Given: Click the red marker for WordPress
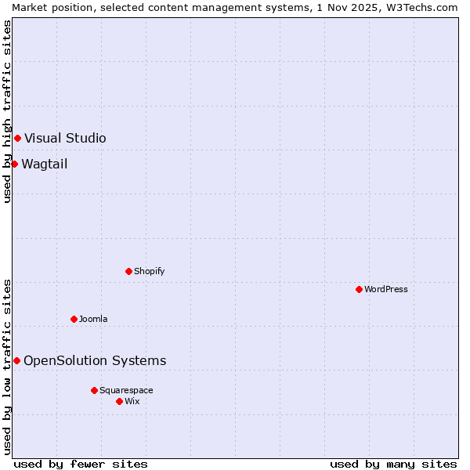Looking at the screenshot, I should (359, 289).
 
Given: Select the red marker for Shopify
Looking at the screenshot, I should (128, 271).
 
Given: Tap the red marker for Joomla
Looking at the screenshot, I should (74, 319).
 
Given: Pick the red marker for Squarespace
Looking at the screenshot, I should (94, 390).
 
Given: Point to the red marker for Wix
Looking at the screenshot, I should (119, 401).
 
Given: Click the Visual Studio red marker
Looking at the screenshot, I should (17, 139).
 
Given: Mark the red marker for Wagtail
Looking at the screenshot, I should (14, 164).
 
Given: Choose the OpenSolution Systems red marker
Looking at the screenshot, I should (16, 360).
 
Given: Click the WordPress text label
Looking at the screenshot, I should (386, 289).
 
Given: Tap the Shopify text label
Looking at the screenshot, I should (149, 271).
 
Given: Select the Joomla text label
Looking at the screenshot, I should (93, 319).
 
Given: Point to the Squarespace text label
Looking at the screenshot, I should (126, 390).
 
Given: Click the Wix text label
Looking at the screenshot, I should (132, 401).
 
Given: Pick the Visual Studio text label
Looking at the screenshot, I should (65, 139).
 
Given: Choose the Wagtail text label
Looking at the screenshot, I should (45, 164).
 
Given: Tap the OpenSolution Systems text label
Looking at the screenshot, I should (95, 360).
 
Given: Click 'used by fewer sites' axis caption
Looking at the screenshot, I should (81, 464).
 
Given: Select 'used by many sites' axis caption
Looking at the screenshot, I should (393, 464).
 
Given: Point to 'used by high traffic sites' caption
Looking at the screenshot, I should (7, 111).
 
